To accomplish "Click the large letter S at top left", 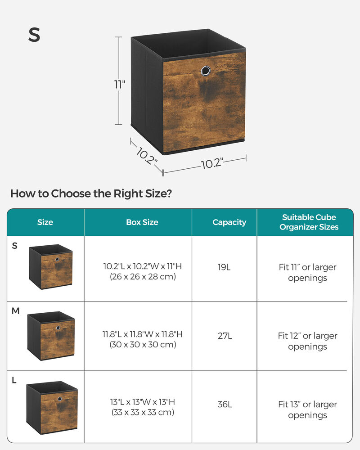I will pos(34,35).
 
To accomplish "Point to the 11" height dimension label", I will pos(119,84).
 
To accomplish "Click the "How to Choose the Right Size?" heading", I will pos(91,194).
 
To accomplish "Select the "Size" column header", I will pos(45,222).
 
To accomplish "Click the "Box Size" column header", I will pos(142,222).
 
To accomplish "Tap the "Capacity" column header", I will pos(229,222).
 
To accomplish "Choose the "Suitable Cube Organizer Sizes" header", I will pos(309,222).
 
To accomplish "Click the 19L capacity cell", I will pos(224,267).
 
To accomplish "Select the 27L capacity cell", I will pos(224,336).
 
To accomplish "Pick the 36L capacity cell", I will pos(225,404).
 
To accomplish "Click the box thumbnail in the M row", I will pos(51,335).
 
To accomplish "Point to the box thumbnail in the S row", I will pos(51,267).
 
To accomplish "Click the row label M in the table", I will pos(16,311).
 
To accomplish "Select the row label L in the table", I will pos(14,381).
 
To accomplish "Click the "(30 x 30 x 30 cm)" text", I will pos(142,345).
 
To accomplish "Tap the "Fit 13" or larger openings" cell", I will pos(307,409).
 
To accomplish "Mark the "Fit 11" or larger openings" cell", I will pos(307,272).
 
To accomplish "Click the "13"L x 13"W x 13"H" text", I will pos(142,401).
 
